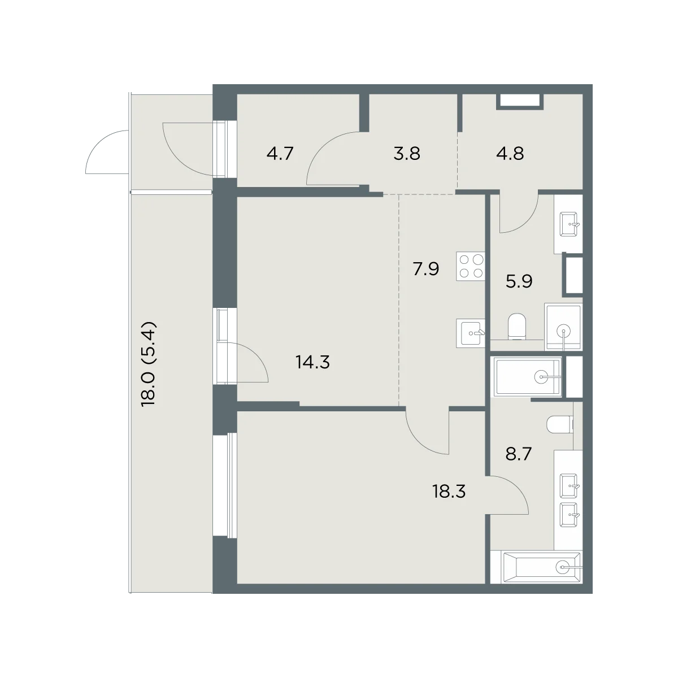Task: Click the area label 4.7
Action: (x=280, y=154)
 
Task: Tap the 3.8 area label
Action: (x=407, y=154)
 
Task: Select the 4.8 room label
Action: (x=510, y=154)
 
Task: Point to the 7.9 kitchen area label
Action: (x=426, y=269)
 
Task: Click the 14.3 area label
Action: (x=313, y=362)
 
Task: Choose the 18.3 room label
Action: (x=449, y=491)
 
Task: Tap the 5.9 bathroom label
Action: (x=519, y=281)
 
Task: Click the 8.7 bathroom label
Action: (x=518, y=454)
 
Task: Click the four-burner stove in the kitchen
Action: (x=471, y=266)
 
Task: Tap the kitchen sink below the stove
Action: (x=471, y=333)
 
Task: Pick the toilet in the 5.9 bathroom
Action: (x=517, y=327)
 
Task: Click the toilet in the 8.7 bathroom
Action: (x=560, y=425)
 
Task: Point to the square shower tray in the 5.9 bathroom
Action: (x=563, y=327)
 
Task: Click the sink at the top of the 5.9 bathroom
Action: (x=569, y=224)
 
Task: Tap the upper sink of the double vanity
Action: (x=570, y=486)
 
